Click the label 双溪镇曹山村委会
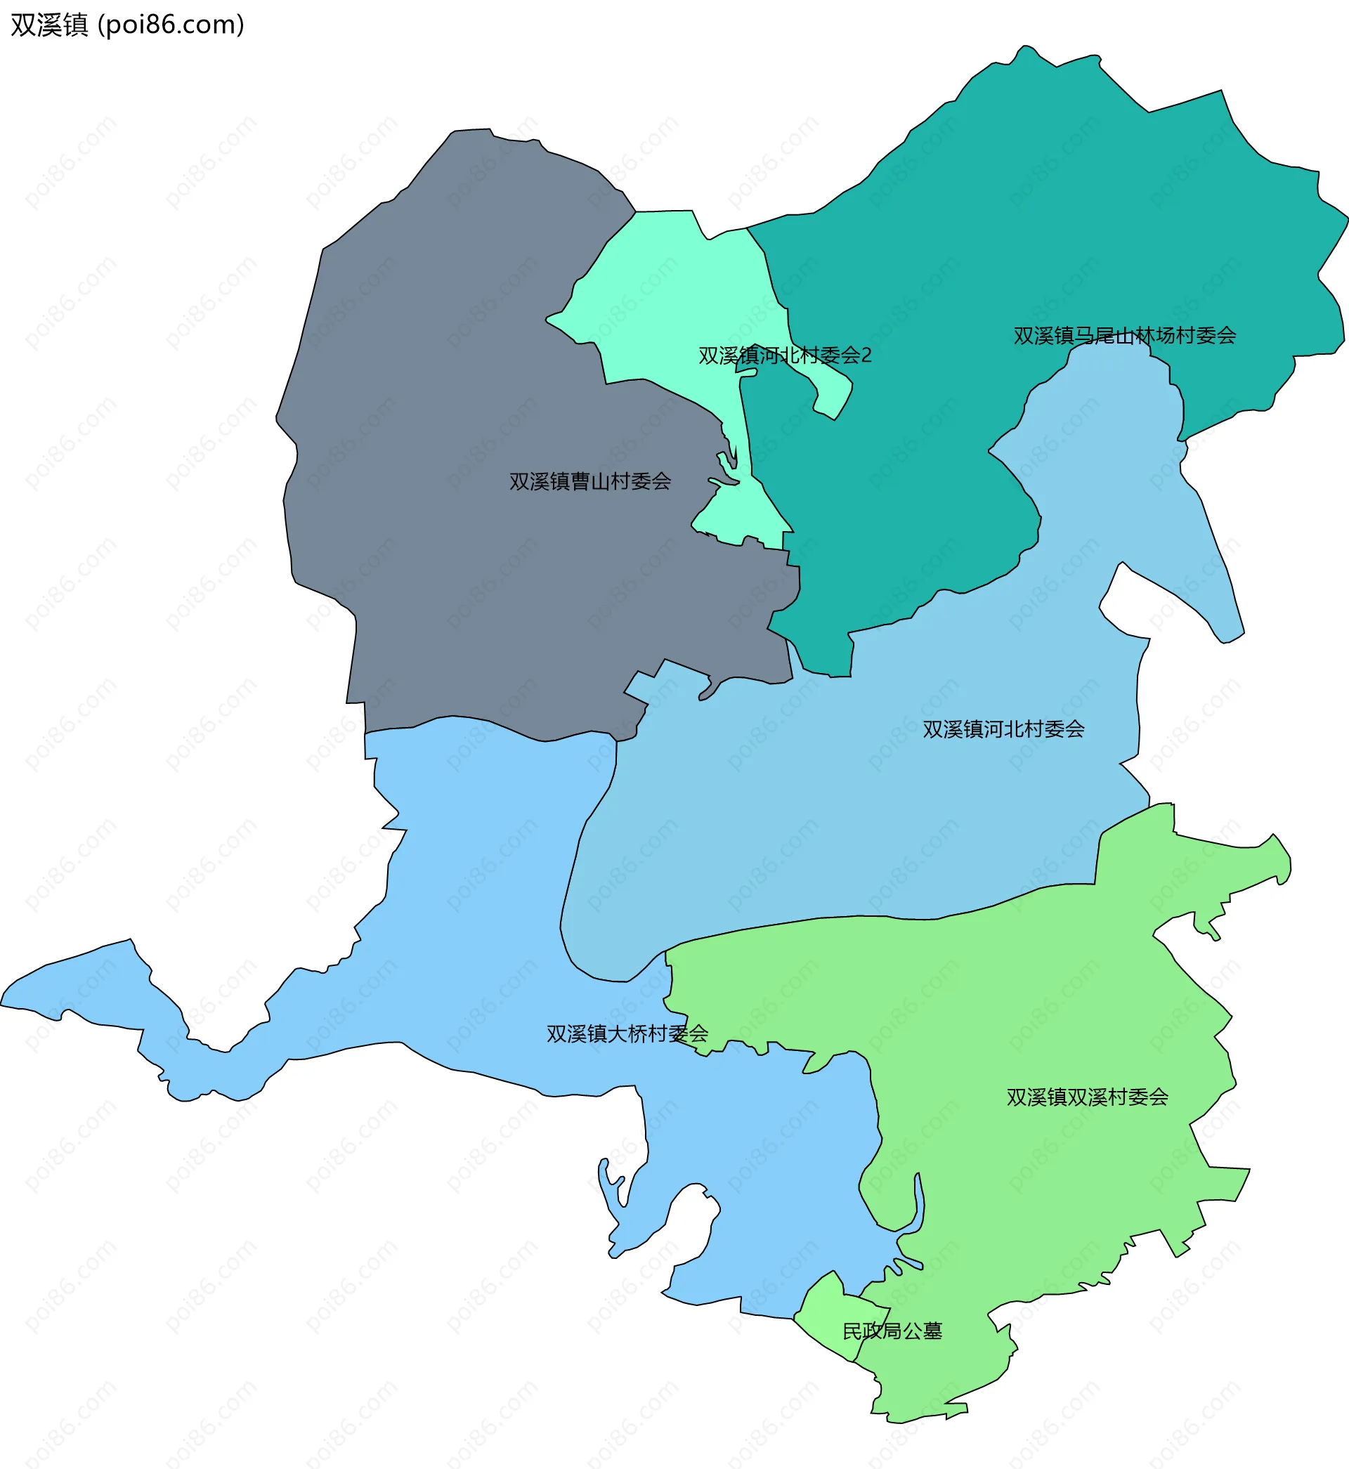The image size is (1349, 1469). point(589,482)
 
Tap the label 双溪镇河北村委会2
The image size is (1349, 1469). point(785,355)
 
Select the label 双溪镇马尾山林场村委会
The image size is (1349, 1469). point(1124,336)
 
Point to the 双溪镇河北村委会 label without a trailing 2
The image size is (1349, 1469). point(1003,729)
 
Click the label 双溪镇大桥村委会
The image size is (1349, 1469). point(627,1034)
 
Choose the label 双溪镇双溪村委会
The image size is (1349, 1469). point(1087,1097)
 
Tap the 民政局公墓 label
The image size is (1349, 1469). point(892,1331)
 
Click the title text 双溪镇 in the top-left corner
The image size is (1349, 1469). point(49,25)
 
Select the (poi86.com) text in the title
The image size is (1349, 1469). point(171,25)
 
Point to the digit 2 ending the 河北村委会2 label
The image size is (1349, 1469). point(866,355)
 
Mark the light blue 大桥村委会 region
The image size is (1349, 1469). point(474,912)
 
